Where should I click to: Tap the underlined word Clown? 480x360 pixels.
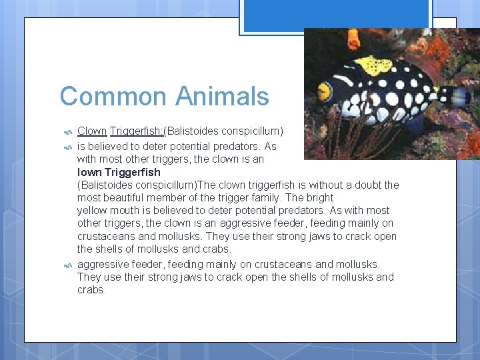pos(92,131)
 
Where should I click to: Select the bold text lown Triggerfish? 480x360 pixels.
pos(119,172)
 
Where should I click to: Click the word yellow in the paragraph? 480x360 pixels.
pos(93,211)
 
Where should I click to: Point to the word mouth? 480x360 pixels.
pos(126,211)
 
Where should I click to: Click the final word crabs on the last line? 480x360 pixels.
pos(91,290)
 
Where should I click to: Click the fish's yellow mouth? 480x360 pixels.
pos(325,92)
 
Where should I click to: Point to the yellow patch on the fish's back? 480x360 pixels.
pos(373,65)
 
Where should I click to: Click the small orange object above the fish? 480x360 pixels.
pos(354,39)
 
